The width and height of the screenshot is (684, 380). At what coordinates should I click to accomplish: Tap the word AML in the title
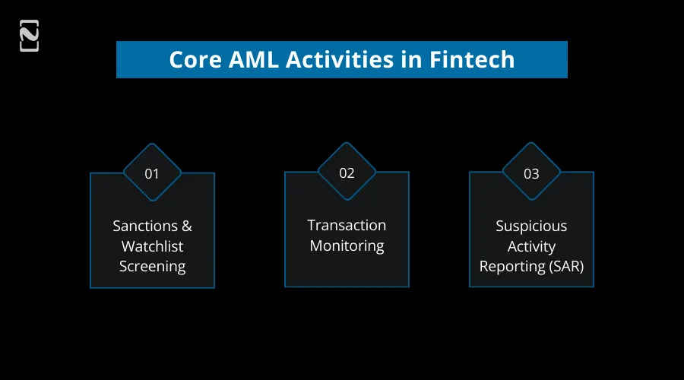[x=255, y=59]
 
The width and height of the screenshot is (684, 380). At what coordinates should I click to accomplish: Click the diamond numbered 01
[x=152, y=173]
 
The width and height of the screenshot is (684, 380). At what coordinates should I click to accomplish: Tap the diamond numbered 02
[x=347, y=173]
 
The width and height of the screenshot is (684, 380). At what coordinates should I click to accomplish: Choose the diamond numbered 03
[x=531, y=173]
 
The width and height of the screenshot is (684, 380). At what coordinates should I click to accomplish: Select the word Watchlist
[x=152, y=246]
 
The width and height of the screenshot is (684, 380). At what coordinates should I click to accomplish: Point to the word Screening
[x=152, y=267]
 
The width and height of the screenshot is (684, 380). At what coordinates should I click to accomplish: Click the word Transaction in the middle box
[x=347, y=225]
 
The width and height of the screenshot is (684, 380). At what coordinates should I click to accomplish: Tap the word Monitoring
[x=347, y=245]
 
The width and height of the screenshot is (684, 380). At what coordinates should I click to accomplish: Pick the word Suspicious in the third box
[x=531, y=226]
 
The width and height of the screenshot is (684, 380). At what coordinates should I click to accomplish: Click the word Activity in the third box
[x=531, y=246]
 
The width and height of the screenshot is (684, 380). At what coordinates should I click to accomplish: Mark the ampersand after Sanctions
[x=186, y=226]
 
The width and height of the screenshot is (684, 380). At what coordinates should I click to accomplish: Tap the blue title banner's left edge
[x=119, y=59]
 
